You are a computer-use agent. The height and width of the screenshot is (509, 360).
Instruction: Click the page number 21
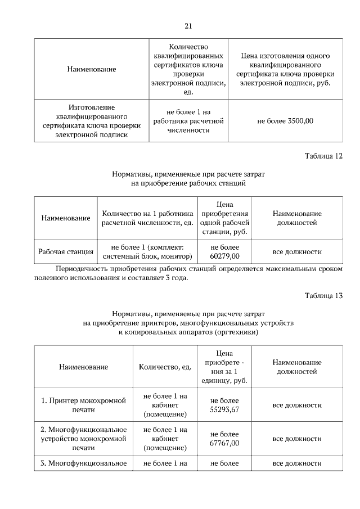pos(188,26)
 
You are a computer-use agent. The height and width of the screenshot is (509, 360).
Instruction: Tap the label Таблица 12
pos(323,156)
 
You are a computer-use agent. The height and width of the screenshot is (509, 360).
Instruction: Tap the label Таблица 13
pos(323,295)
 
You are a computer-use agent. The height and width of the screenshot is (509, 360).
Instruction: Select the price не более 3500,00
pos(285,120)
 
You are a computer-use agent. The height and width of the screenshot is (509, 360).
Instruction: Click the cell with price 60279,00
pos(225,251)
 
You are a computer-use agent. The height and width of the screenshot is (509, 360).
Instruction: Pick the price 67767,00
pos(225,439)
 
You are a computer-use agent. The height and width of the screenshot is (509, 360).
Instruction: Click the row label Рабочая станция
pos(66,251)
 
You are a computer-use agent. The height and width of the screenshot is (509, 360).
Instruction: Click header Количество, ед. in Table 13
pos(165,367)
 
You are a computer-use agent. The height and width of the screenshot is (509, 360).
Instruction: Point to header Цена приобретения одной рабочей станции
pos(225,218)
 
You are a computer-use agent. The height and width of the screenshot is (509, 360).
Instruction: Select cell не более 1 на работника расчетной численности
pos(188,120)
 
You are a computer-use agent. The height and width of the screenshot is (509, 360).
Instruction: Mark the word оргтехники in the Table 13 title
pos(237,332)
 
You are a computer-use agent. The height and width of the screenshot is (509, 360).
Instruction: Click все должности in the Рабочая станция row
pos(297,251)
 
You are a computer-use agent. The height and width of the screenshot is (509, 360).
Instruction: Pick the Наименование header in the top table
pos(91,69)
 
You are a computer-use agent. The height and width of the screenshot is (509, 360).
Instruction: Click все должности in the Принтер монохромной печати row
pos(297,405)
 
